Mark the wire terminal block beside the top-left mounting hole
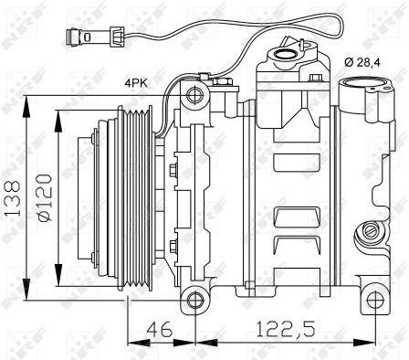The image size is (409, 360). tap(222, 86)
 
